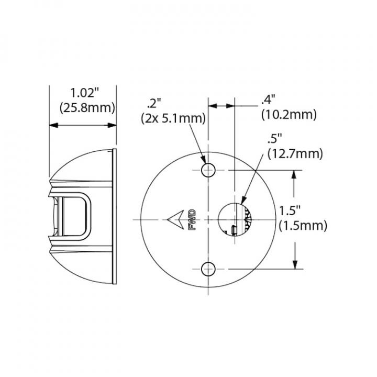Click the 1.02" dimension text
pyautogui.click(x=84, y=93)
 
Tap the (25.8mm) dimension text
pyautogui.click(x=87, y=107)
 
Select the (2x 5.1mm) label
pyautogui.click(x=173, y=118)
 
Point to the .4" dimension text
pyautogui.click(x=268, y=99)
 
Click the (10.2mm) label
pyautogui.click(x=289, y=115)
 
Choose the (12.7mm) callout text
pyautogui.click(x=295, y=153)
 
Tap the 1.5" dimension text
pyautogui.click(x=289, y=210)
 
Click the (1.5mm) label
pyautogui.click(x=303, y=226)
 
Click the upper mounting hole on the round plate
pyautogui.click(x=208, y=170)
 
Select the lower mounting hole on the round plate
pyautogui.click(x=208, y=269)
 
